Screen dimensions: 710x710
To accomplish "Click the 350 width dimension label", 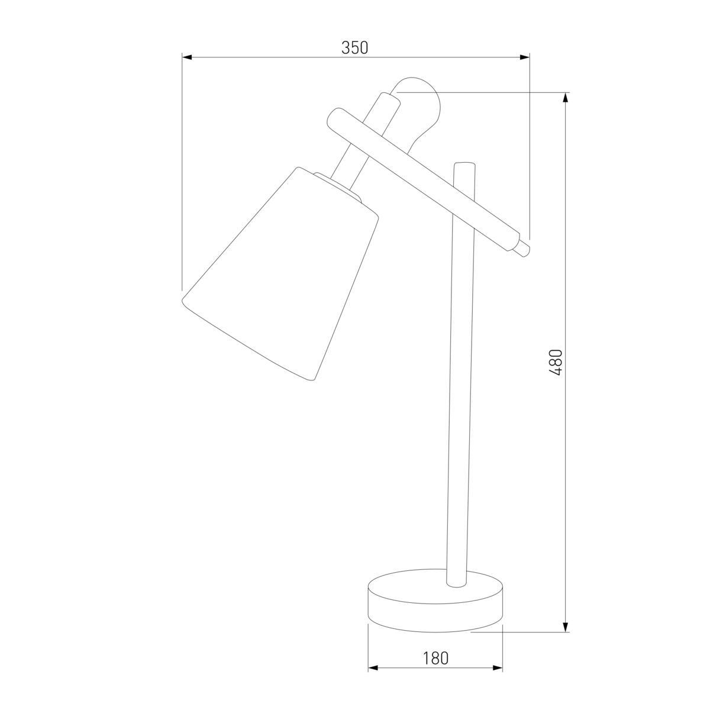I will (355, 48).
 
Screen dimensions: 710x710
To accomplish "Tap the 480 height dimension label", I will (556, 362).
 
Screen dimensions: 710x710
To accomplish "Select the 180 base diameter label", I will (435, 657).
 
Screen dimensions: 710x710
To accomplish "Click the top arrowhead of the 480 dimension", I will (566, 98).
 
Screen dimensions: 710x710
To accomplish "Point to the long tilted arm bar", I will (426, 177).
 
